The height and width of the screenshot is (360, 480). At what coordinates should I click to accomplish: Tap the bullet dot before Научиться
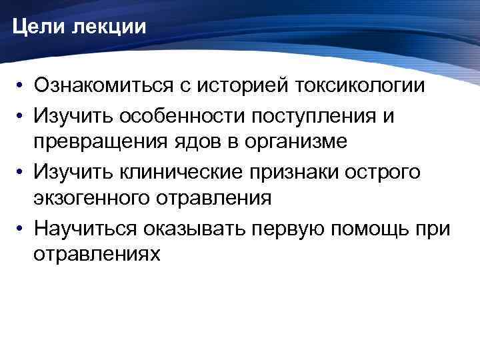[x=23, y=229]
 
